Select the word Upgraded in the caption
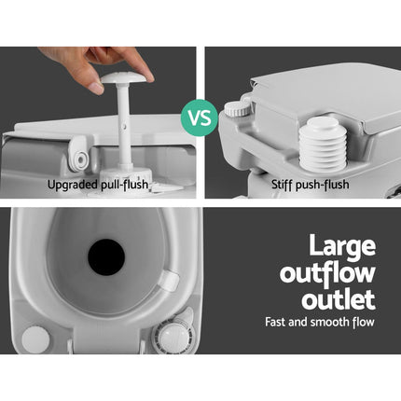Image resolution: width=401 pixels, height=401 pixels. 76,184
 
